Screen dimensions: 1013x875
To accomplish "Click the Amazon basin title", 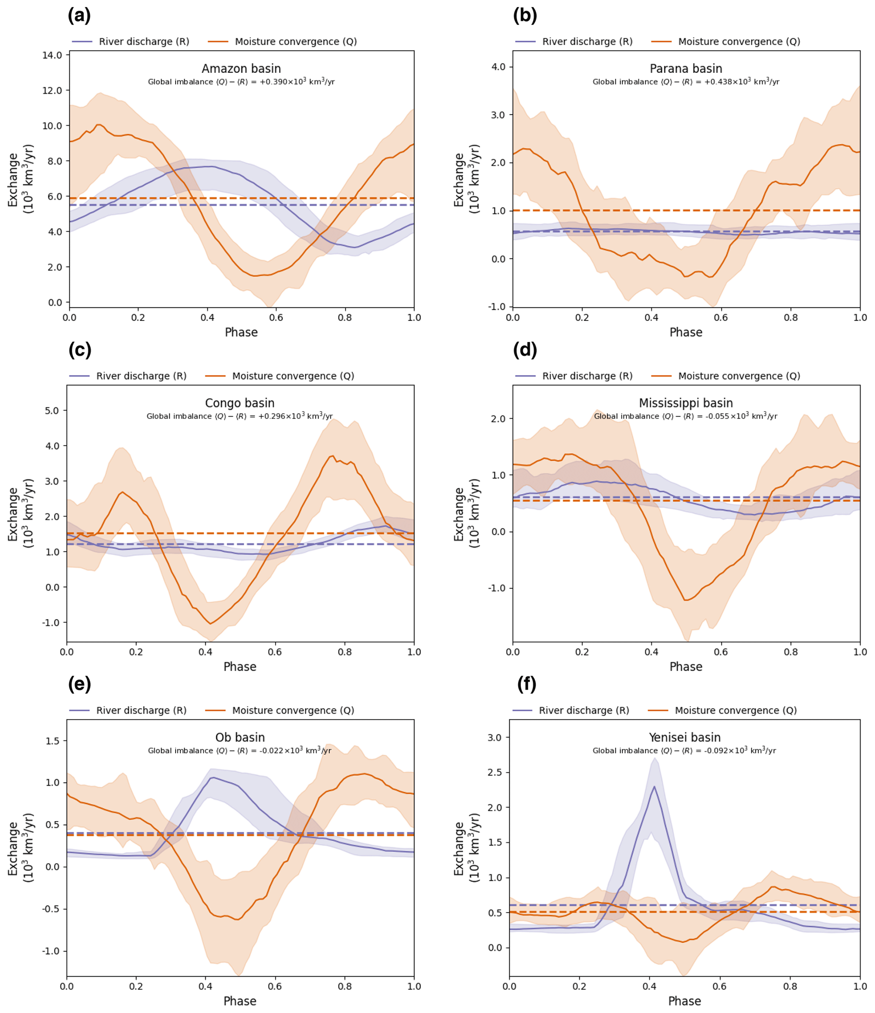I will (x=241, y=69).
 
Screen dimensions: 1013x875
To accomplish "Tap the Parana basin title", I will (x=685, y=69).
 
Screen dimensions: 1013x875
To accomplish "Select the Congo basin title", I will (x=240, y=403).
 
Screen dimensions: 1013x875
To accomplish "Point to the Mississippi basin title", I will (x=685, y=403).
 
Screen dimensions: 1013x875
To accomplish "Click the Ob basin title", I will (x=240, y=737).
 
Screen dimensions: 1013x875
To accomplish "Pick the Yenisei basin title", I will (x=685, y=737).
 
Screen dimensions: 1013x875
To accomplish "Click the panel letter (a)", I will (x=79, y=16).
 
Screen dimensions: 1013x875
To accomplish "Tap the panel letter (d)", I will (x=525, y=350).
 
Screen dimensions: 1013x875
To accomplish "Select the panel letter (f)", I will (x=527, y=685).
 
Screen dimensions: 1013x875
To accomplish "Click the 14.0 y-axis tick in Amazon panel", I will (x=52, y=55).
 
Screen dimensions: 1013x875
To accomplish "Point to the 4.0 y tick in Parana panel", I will (x=498, y=67).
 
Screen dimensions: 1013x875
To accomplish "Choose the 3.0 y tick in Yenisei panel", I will (x=495, y=737).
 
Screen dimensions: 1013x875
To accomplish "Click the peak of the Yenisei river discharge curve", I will (x=654, y=787).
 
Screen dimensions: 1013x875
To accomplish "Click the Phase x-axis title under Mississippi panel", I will (x=685, y=667).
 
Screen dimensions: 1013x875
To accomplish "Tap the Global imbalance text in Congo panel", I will (x=240, y=416).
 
